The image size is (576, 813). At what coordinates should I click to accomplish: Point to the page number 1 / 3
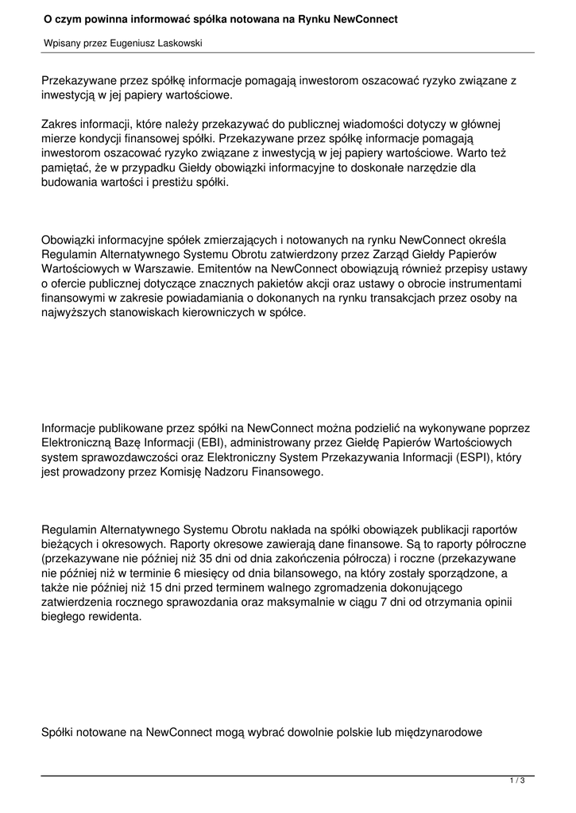tap(517, 780)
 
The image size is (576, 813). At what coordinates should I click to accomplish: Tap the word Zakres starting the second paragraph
tap(61, 124)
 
